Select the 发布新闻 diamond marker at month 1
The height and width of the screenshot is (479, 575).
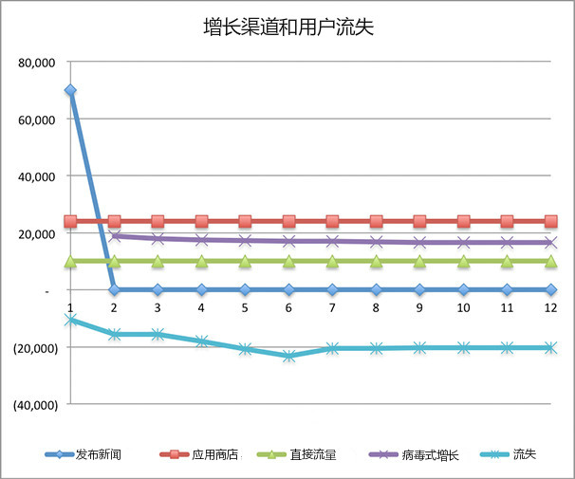click(x=70, y=90)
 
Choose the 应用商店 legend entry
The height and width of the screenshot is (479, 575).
click(x=213, y=455)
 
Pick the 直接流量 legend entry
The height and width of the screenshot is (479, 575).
click(x=318, y=455)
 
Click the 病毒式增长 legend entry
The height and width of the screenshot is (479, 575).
click(x=432, y=455)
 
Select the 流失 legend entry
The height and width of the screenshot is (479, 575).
click(x=524, y=455)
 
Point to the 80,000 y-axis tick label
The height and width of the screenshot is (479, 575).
click(x=38, y=64)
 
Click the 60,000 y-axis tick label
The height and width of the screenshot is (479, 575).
click(x=38, y=120)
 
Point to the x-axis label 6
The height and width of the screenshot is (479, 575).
click(x=288, y=308)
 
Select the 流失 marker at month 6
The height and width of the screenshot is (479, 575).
click(x=288, y=356)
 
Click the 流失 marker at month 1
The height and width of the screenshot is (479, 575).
click(x=70, y=320)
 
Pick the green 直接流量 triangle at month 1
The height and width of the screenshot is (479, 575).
click(x=70, y=260)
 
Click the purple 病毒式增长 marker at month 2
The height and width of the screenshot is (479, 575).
click(x=114, y=236)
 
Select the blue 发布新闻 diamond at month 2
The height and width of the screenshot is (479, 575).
click(x=114, y=289)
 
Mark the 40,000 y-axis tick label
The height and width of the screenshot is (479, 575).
click(x=38, y=177)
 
